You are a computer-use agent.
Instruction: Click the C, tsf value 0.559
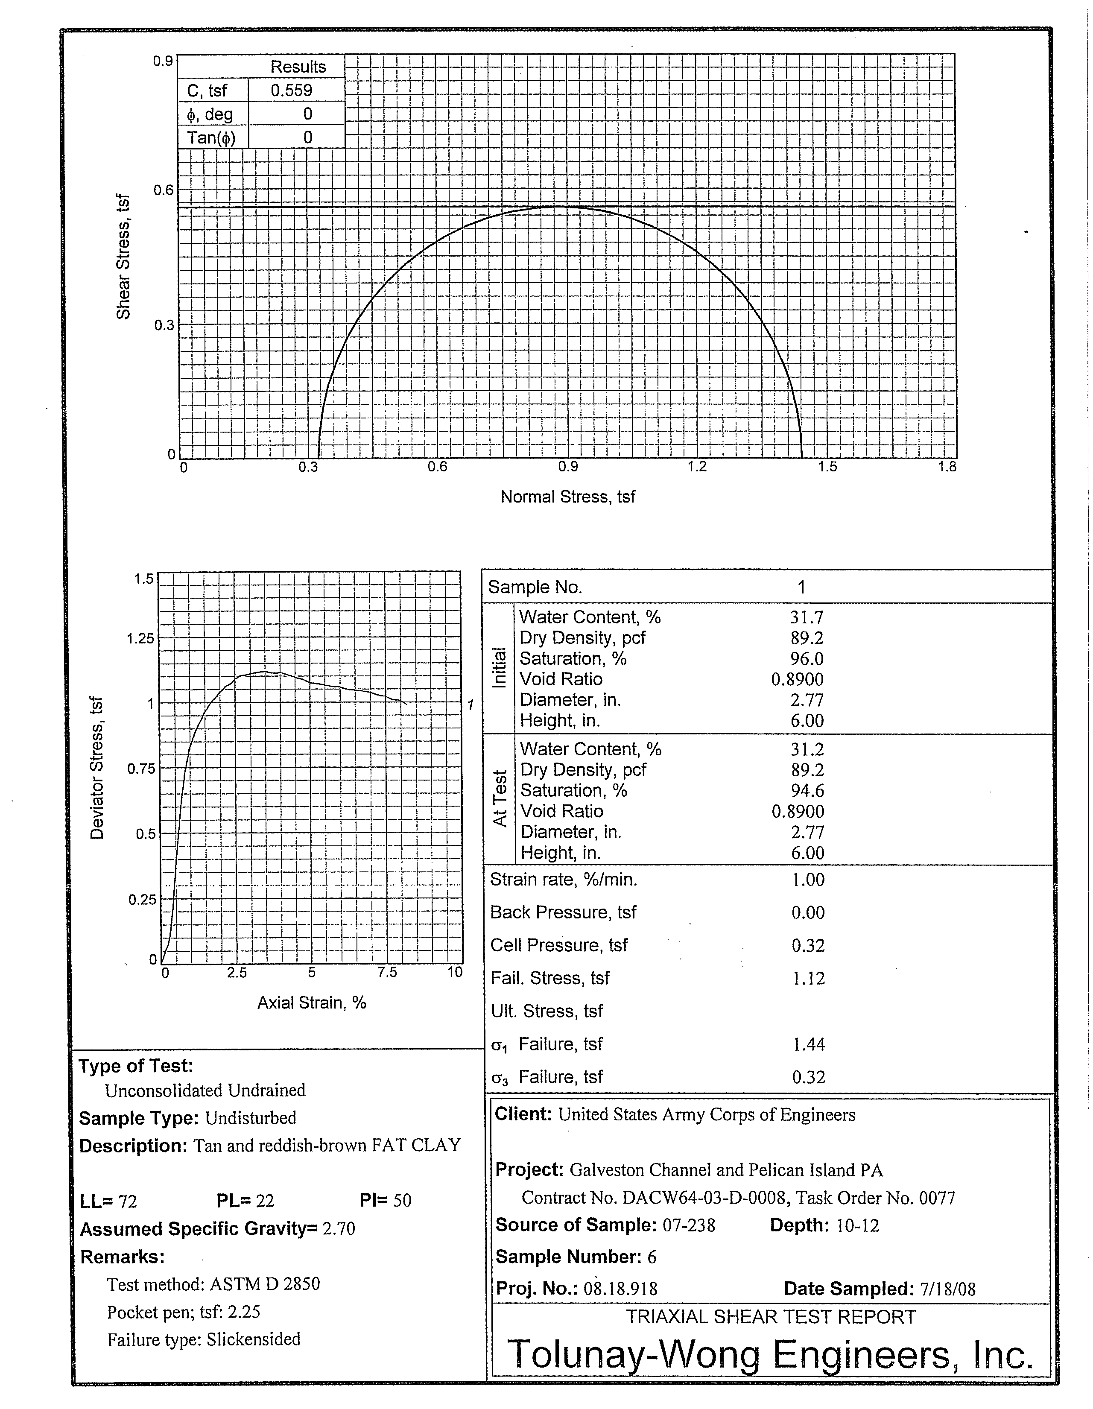[291, 91]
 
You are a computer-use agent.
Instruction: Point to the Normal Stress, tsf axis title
[568, 497]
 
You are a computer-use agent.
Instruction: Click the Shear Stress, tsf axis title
[123, 256]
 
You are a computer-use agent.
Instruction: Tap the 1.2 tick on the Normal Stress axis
[697, 466]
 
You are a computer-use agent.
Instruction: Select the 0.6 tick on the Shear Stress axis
[163, 190]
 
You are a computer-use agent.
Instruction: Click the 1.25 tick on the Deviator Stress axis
[140, 639]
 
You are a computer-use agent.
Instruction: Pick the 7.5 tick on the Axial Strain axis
[387, 972]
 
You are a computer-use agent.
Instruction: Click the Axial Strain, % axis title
[312, 1003]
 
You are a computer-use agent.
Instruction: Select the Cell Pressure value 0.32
[808, 945]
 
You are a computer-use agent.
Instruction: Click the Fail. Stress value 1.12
[808, 978]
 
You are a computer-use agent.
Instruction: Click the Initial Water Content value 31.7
[807, 617]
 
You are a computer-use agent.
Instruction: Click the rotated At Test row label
[500, 799]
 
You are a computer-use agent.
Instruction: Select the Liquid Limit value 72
[128, 1201]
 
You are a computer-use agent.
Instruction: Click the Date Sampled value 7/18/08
[948, 1289]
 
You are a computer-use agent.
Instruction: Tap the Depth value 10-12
[857, 1225]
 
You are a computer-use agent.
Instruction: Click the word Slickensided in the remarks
[254, 1339]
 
